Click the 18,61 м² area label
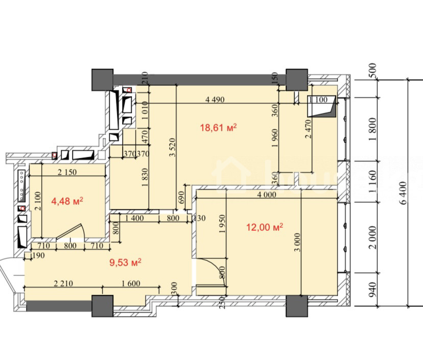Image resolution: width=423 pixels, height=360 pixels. [x=218, y=127]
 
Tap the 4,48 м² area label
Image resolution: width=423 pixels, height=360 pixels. [x=67, y=201]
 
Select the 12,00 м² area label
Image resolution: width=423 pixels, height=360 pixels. [x=265, y=227]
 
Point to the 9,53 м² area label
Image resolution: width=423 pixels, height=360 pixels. [x=125, y=262]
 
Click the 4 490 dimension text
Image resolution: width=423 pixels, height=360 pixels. [x=215, y=100]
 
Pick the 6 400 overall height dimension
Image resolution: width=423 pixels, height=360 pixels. [x=403, y=193]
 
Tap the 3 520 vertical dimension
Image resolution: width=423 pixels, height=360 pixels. [x=172, y=147]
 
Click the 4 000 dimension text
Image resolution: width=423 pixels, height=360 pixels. [x=267, y=195]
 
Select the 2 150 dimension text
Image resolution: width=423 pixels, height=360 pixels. [x=67, y=172]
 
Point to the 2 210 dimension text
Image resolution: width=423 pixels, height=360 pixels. [x=63, y=283]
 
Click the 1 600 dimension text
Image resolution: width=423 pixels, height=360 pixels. [x=131, y=283]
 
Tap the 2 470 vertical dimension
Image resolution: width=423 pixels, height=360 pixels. [x=309, y=129]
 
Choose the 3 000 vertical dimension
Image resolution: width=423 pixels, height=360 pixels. [x=297, y=242]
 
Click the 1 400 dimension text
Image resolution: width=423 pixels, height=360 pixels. [x=134, y=218]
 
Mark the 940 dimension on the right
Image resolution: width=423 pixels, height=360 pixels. [x=372, y=290]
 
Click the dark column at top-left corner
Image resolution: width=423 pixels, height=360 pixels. [x=103, y=80]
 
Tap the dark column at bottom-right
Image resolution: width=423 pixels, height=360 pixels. [x=297, y=306]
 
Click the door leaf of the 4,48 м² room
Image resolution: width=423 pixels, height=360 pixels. [x=68, y=231]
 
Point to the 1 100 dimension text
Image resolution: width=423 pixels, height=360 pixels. [x=318, y=100]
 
